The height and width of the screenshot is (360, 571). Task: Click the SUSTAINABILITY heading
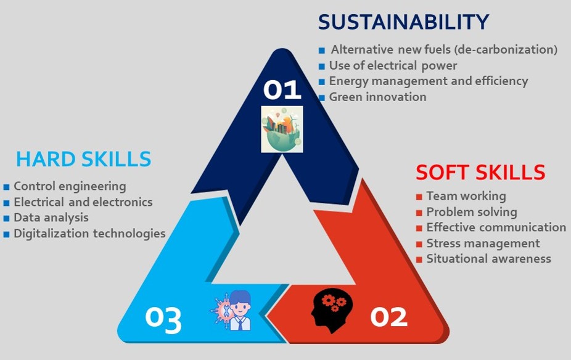(x=403, y=22)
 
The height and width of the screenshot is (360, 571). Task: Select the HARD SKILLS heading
(x=83, y=159)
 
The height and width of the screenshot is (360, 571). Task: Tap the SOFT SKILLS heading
(x=480, y=172)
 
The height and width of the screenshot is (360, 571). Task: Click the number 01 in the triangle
(x=282, y=89)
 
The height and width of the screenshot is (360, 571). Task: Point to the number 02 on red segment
(x=388, y=317)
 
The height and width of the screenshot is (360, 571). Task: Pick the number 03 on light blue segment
(x=163, y=319)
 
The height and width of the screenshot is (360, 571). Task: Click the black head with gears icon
(x=332, y=311)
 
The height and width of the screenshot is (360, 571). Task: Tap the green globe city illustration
(x=282, y=129)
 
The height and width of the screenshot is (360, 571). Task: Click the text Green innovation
(x=377, y=97)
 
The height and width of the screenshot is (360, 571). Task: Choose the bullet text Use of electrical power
(x=393, y=65)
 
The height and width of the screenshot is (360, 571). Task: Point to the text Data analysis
(x=51, y=218)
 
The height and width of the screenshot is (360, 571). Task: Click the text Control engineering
(x=70, y=186)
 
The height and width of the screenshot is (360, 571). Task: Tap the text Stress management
(x=483, y=243)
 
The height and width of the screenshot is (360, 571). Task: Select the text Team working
(x=466, y=196)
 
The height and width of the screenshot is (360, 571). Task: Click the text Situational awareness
(x=489, y=259)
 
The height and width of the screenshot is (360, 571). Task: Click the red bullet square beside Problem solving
(x=419, y=213)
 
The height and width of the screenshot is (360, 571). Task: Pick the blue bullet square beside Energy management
(x=321, y=82)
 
